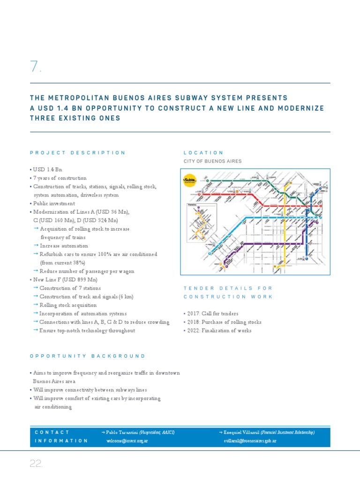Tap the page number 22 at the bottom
[x=36, y=464]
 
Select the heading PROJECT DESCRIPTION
[x=78, y=153]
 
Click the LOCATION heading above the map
[x=203, y=153]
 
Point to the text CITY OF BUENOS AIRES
[x=212, y=161]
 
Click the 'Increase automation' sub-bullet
[x=64, y=246]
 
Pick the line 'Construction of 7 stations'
[x=70, y=288]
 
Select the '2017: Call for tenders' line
[x=212, y=314]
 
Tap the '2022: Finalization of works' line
[x=219, y=330]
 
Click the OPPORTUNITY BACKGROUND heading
[x=88, y=356]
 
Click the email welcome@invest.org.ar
[x=127, y=441]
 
